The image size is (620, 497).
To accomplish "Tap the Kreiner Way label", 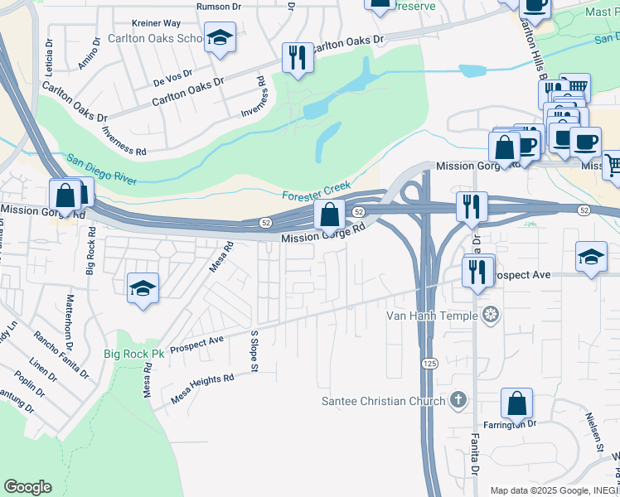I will (156, 24).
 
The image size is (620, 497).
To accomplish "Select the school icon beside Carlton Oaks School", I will (220, 37).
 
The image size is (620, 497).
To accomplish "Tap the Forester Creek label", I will (317, 191).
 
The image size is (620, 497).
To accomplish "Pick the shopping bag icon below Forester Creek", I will (329, 215).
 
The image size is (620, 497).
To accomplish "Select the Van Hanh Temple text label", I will (432, 316).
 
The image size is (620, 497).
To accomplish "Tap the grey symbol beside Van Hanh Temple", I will (491, 315).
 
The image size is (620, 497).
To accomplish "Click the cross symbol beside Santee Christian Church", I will (458, 401).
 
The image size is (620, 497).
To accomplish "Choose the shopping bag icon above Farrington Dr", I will (516, 403).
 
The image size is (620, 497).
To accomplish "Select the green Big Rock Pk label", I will (128, 354).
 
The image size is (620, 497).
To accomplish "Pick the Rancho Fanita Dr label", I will (61, 355).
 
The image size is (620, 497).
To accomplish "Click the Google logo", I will (27, 487).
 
